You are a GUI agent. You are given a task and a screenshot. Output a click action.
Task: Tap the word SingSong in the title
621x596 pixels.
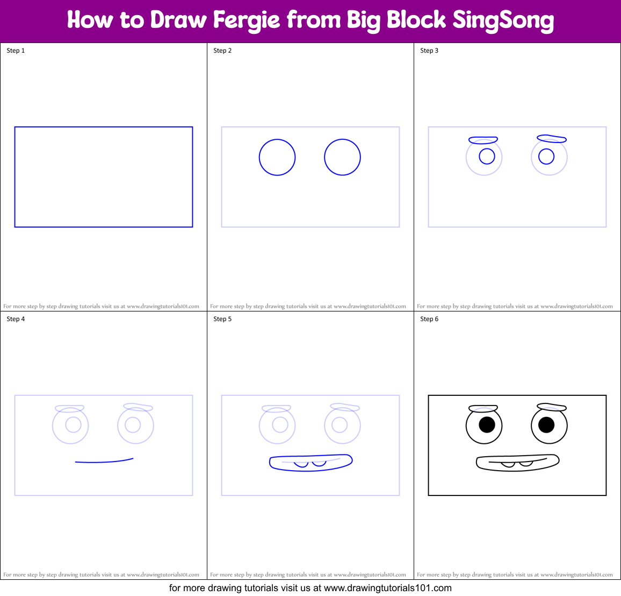tap(503, 20)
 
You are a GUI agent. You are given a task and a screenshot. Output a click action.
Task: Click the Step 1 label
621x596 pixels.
tap(16, 51)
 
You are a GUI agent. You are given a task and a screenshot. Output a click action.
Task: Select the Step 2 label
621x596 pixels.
tap(222, 51)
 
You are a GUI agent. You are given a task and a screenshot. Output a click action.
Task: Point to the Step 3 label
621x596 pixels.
tap(429, 51)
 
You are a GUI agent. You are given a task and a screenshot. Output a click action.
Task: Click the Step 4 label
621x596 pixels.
tap(16, 319)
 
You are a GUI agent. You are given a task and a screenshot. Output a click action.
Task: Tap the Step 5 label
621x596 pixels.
tap(222, 319)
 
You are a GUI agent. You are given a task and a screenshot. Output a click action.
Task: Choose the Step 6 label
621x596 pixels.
tap(429, 319)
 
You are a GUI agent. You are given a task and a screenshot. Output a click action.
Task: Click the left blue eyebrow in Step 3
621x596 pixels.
tap(483, 140)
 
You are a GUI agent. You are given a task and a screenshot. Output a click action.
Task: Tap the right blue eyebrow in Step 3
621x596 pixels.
tap(552, 139)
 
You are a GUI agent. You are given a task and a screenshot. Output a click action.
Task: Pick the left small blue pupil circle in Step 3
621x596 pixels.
tap(487, 156)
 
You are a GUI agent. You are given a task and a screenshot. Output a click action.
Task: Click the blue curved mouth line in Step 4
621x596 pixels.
tap(104, 462)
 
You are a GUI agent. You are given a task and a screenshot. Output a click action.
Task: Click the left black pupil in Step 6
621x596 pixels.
tap(487, 425)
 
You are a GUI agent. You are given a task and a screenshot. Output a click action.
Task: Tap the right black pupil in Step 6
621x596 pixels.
tap(546, 425)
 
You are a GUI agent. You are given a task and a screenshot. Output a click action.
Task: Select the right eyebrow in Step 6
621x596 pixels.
tap(552, 407)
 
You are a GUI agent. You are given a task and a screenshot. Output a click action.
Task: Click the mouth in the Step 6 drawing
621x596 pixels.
tap(517, 463)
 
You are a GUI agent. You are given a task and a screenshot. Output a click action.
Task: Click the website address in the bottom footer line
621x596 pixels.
tap(387, 588)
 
